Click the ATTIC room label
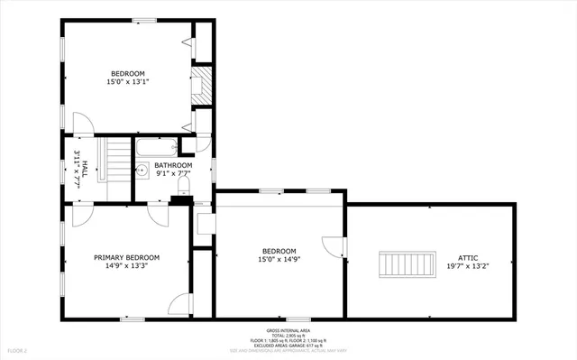[467, 257]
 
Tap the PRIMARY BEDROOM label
[126, 257]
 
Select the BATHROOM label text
[173, 166]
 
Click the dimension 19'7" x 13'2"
[467, 266]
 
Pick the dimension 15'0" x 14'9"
[279, 260]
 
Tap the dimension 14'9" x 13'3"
[126, 266]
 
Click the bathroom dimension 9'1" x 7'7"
[173, 174]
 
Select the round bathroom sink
[142, 169]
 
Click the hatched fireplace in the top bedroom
[205, 85]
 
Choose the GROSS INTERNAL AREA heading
[288, 331]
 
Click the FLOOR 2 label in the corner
[17, 350]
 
